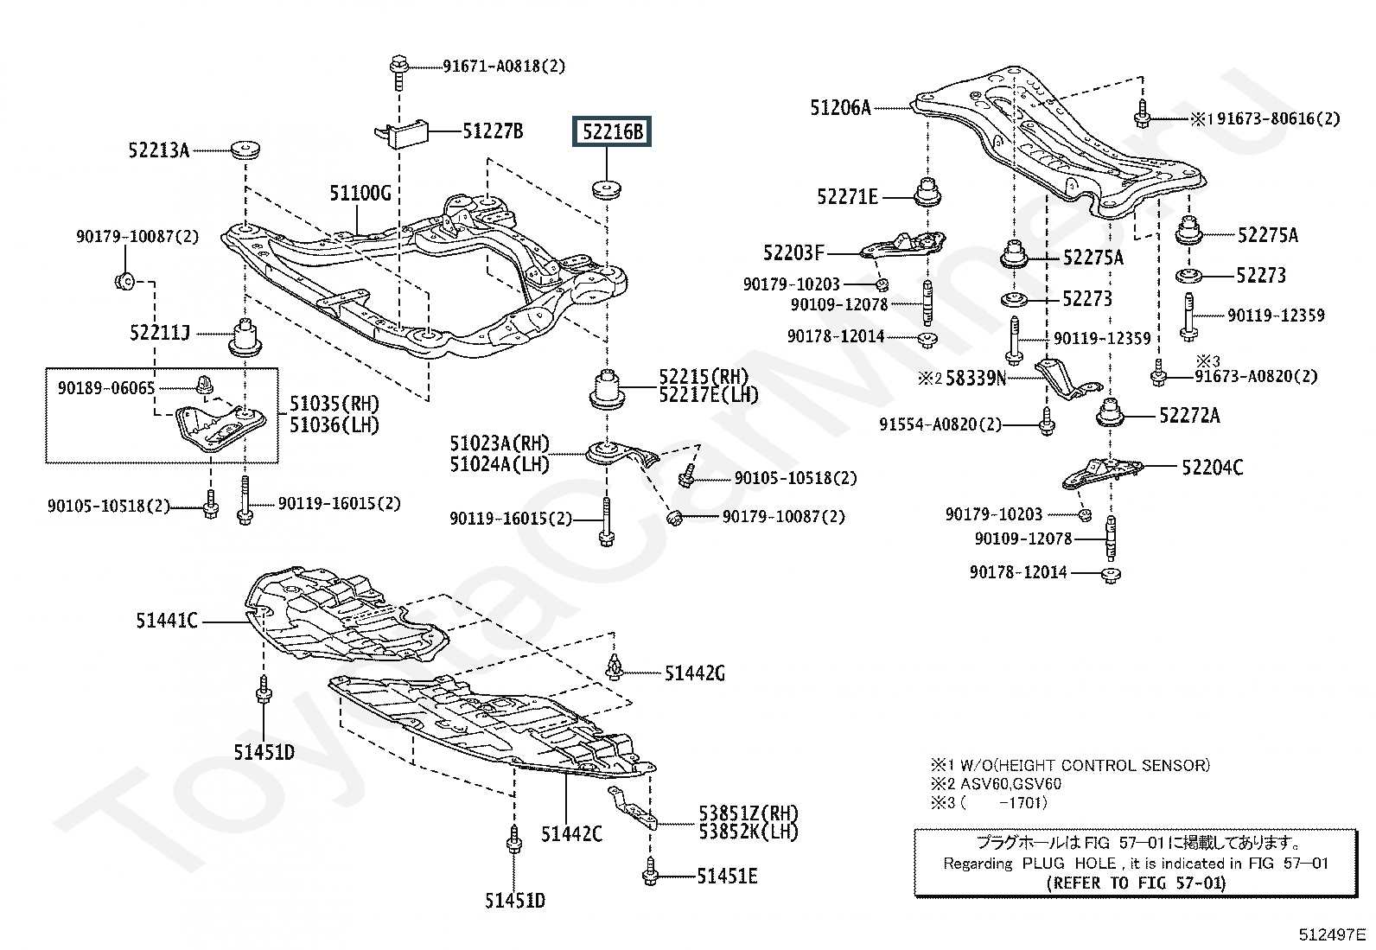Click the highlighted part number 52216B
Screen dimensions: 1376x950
pyautogui.click(x=612, y=131)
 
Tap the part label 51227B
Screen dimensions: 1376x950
pyautogui.click(x=493, y=131)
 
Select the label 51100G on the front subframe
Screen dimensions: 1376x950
pyautogui.click(x=360, y=194)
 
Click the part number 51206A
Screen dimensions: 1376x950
pyautogui.click(x=840, y=108)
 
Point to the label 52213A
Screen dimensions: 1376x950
pyautogui.click(x=159, y=150)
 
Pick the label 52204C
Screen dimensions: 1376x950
pyautogui.click(x=1213, y=468)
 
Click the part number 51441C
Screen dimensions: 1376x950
pyautogui.click(x=167, y=622)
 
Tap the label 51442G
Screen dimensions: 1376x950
pyautogui.click(x=695, y=674)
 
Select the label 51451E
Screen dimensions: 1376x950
pyautogui.click(x=727, y=877)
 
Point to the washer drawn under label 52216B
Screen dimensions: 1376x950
pyautogui.click(x=606, y=188)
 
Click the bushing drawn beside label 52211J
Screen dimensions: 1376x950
pyautogui.click(x=245, y=337)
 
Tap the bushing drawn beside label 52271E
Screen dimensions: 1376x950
pyautogui.click(x=927, y=192)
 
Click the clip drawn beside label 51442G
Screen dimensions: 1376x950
pyautogui.click(x=615, y=666)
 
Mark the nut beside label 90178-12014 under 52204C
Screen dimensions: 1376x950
pyautogui.click(x=1111, y=575)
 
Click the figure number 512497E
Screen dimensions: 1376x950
pyautogui.click(x=1331, y=935)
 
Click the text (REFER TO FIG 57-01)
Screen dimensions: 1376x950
pyautogui.click(x=1136, y=883)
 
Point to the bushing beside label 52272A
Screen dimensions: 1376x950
pyautogui.click(x=1110, y=412)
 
